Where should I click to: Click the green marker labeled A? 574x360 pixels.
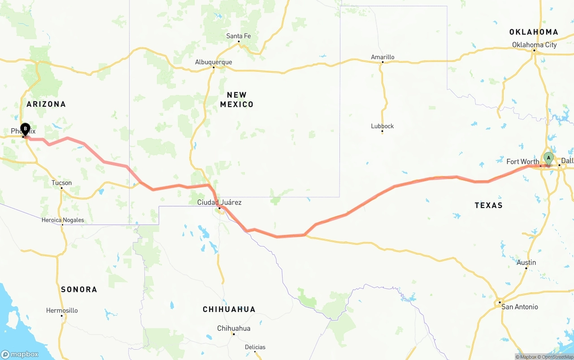pos(548,158)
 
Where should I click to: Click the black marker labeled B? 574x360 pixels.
pos(26,130)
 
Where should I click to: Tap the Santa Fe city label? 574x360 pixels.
pos(239,36)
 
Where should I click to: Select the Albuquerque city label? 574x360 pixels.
pos(213,62)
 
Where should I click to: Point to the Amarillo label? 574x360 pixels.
pos(383,57)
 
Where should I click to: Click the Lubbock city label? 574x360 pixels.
pos(382,126)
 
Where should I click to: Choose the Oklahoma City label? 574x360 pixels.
pos(535,45)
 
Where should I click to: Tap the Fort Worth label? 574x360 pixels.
pos(522,161)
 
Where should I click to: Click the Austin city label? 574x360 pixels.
pos(526,262)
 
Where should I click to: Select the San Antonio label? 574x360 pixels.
pos(519,307)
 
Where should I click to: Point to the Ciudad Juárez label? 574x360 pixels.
pos(219,202)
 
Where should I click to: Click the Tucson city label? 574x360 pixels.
pos(61,182)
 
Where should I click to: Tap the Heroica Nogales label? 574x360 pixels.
pos(62,220)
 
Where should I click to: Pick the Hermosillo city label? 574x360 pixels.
pos(62,310)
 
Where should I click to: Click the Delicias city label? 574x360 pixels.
pos(255,347)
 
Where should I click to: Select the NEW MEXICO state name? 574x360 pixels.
pos(237,100)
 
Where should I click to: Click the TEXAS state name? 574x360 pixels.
pos(488,205)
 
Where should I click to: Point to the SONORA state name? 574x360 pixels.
pos(79,290)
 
